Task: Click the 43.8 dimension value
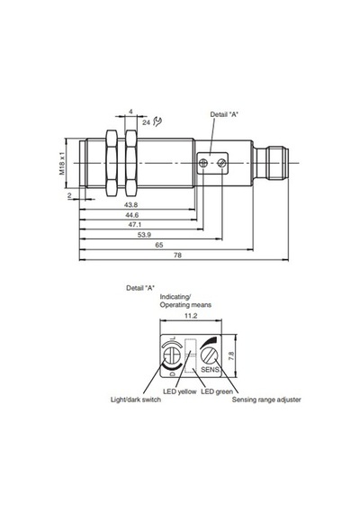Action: tap(130, 205)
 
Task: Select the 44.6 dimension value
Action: tap(132, 215)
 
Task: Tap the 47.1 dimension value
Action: tap(134, 225)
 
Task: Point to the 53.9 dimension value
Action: tap(144, 235)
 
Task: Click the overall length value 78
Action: tap(177, 256)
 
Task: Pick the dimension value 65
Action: tap(159, 245)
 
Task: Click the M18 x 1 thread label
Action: tap(62, 163)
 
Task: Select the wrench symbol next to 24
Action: tap(157, 121)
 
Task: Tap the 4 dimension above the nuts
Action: tap(130, 112)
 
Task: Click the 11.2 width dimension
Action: tap(191, 316)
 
